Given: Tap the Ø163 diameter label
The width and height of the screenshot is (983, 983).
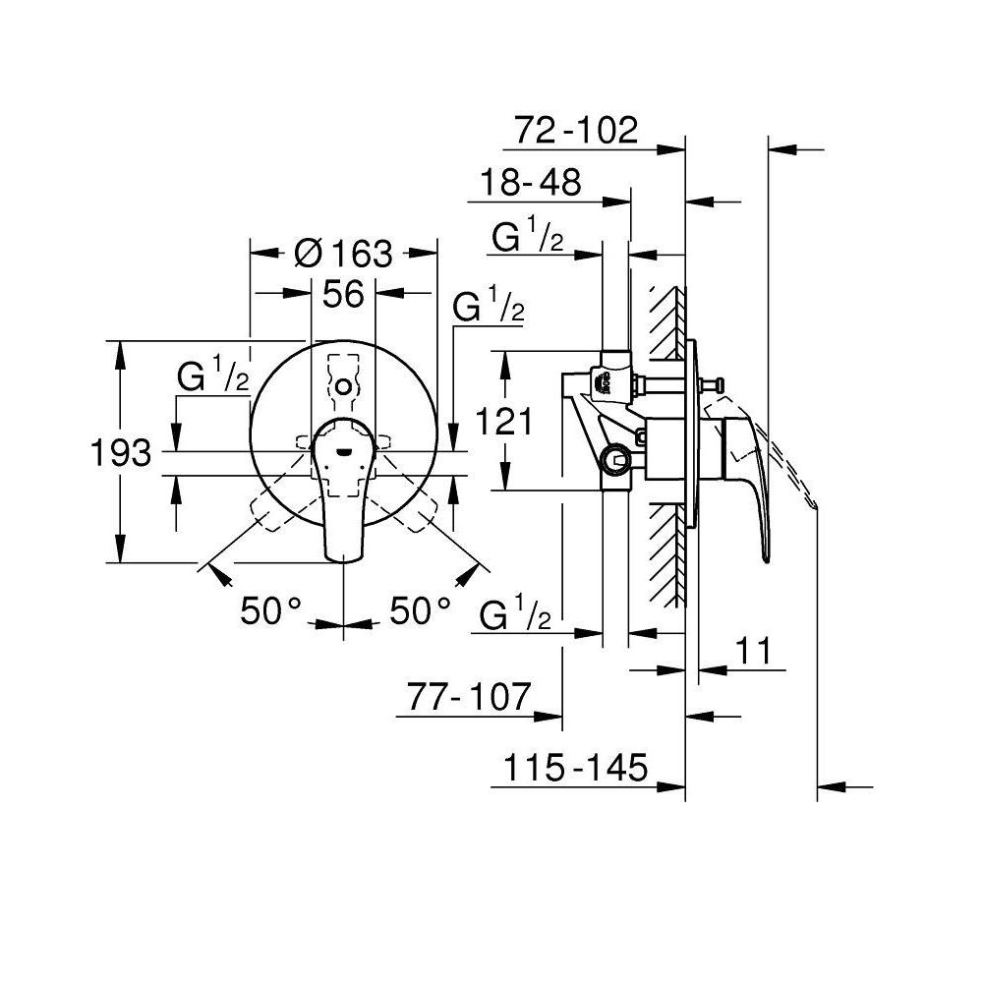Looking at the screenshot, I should coord(343,254).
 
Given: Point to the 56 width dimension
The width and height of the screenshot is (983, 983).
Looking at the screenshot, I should coord(343,293).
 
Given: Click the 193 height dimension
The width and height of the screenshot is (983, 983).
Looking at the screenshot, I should coord(120,453).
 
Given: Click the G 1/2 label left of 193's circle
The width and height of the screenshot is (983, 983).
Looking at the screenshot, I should coord(212,376).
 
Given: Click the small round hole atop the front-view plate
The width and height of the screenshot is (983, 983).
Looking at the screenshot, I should coord(342,387).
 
